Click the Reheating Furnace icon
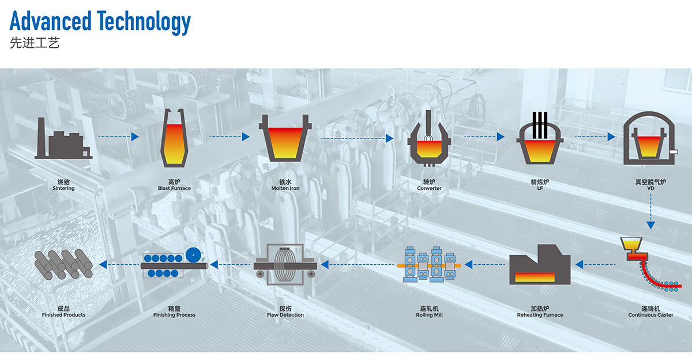pos(540,265)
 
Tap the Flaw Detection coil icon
pos(285,265)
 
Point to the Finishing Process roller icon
pos(174,264)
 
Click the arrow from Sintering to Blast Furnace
pos(119,137)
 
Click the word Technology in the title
pos(144,21)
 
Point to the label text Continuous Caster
pos(650,315)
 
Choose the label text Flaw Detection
pos(285,315)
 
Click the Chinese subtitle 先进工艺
pos(35,43)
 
